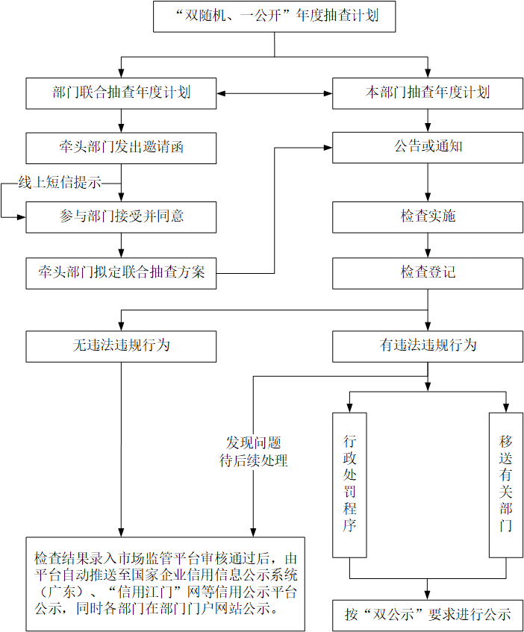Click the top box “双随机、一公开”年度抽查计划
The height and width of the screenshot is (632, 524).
coord(274,16)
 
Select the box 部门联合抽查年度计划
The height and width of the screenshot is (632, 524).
coord(121,93)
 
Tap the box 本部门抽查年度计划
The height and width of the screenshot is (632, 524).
coord(428,93)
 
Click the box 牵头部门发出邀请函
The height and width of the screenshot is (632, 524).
coord(121,148)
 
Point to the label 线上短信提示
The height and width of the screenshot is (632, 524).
coord(60,183)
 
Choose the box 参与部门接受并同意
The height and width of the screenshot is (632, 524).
coord(121,216)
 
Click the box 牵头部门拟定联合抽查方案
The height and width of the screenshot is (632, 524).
coord(121,272)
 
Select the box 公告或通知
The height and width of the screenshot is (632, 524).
coord(428,148)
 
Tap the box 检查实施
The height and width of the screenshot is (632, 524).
coord(428,216)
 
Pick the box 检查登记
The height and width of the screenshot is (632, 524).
coord(428,272)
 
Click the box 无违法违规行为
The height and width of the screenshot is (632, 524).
coord(121,345)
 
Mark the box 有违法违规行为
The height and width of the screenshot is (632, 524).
coord(428,345)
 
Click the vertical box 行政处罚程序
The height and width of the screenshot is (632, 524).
coord(349,484)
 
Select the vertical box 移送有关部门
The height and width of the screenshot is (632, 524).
coord(506,484)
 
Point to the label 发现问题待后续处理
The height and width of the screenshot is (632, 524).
coord(254,452)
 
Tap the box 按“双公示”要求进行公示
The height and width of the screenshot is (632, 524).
coord(428,615)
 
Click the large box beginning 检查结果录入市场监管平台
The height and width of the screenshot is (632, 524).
coord(165,583)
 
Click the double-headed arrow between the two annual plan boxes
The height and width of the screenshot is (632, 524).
coord(275,94)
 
